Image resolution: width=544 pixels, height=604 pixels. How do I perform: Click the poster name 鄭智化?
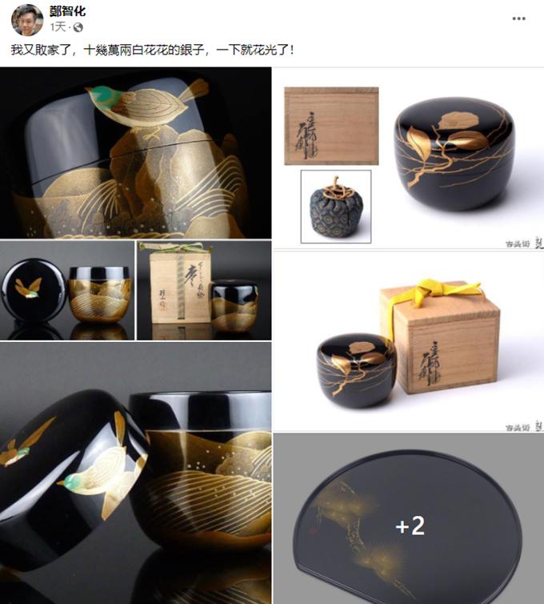[67, 11]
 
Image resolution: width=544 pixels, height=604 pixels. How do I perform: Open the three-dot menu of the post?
[518, 18]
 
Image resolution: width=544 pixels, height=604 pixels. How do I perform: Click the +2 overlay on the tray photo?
[410, 525]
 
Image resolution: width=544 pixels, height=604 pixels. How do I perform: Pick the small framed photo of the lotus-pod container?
[335, 206]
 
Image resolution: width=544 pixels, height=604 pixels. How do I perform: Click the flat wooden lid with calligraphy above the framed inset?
[331, 125]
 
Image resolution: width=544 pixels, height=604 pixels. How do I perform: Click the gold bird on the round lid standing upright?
[29, 287]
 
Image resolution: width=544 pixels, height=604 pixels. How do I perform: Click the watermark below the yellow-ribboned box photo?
[524, 426]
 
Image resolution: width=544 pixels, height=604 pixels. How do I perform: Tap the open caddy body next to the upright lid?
[100, 292]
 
